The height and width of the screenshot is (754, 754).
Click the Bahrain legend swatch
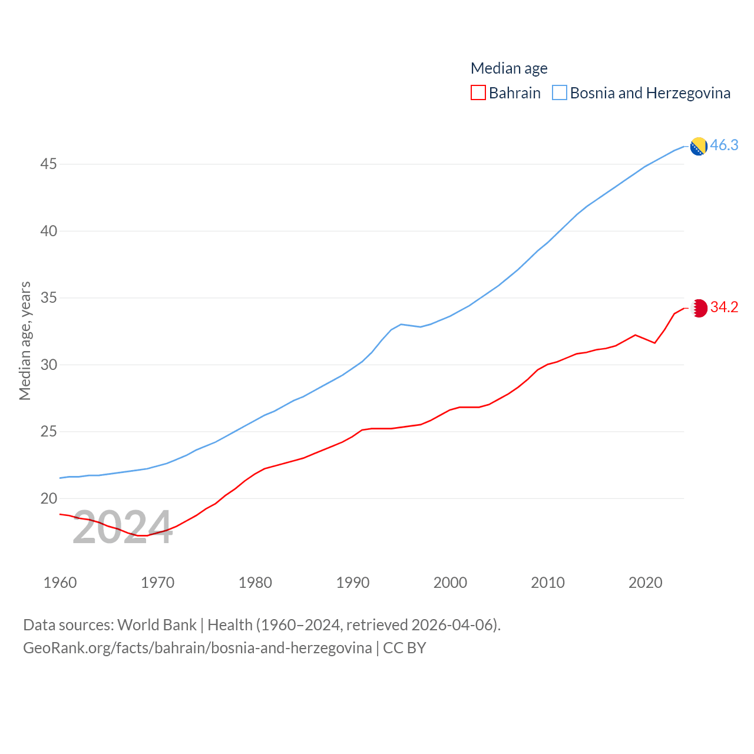tap(478, 93)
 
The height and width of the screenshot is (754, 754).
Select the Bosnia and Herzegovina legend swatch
tap(560, 93)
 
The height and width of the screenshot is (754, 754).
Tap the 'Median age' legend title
tap(509, 68)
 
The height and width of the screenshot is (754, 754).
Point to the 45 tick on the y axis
tap(48, 164)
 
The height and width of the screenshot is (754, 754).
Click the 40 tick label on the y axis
tap(48, 231)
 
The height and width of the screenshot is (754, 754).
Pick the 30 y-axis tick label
tap(48, 365)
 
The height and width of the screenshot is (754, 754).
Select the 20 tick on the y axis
tap(48, 498)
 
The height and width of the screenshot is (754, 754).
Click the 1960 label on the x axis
tap(60, 583)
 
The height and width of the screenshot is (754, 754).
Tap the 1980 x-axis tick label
tap(255, 583)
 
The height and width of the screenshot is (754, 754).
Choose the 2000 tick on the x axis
tap(450, 583)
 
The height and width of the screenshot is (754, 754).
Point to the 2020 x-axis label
tap(645, 583)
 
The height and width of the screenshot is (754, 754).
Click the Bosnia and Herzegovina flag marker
tap(699, 146)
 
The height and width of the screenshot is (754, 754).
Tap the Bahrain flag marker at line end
tap(699, 308)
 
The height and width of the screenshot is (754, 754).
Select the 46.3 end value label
tap(724, 145)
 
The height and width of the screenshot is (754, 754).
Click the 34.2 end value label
tap(724, 307)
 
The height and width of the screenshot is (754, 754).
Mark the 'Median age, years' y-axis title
tap(25, 341)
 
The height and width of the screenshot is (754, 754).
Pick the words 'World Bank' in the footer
tap(157, 624)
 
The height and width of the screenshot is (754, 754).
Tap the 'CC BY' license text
tap(404, 648)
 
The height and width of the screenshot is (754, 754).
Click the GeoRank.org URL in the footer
tap(197, 648)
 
